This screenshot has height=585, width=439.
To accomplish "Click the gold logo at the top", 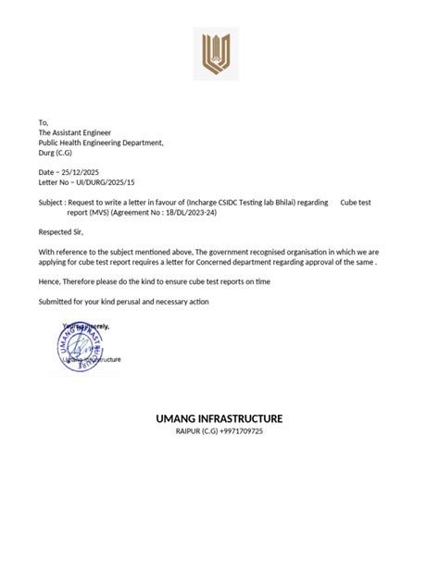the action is [219, 54].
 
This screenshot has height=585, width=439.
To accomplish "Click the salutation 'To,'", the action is [43, 122].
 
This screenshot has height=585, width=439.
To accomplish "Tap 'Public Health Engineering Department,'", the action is [101, 143].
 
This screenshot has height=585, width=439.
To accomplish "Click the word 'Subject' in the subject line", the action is [52, 203].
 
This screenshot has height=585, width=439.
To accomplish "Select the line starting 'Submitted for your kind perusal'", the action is [123, 302].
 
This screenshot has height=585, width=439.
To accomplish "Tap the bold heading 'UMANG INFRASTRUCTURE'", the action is [219, 419].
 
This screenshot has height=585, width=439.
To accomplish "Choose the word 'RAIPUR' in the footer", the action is [188, 432].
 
